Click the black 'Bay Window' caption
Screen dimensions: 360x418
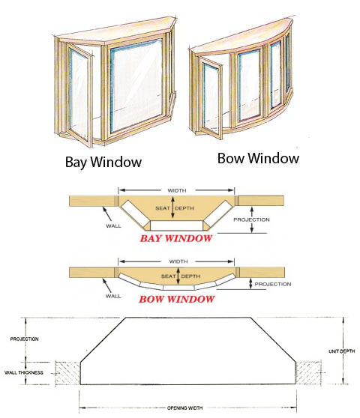pyautogui.click(x=103, y=162)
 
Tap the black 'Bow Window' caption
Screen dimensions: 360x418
pyautogui.click(x=258, y=158)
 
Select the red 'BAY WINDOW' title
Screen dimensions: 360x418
pyautogui.click(x=176, y=238)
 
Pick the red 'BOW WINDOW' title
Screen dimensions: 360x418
pyautogui.click(x=176, y=299)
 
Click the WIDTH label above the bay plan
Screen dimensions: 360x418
pyautogui.click(x=177, y=190)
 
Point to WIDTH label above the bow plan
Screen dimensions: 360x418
pyautogui.click(x=178, y=261)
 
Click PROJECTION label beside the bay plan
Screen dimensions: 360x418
pyautogui.click(x=251, y=219)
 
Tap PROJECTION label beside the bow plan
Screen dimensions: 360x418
pyautogui.click(x=273, y=284)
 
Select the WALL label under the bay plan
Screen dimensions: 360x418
pyautogui.click(x=113, y=226)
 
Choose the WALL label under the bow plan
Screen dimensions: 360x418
pyautogui.click(x=113, y=296)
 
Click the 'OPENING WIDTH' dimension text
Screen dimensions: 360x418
pyautogui.click(x=184, y=408)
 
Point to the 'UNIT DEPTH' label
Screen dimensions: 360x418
pyautogui.click(x=341, y=351)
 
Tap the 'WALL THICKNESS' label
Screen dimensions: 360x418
pyautogui.click(x=24, y=373)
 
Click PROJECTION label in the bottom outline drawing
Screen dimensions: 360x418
pyautogui.click(x=24, y=339)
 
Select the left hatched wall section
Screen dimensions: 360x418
pyautogui.click(x=67, y=373)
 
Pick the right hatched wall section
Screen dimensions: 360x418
pyautogui.click(x=308, y=373)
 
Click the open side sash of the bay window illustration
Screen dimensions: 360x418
pyautogui.click(x=79, y=94)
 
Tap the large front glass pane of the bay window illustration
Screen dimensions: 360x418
pyautogui.click(x=136, y=85)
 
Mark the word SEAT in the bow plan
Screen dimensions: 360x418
pyautogui.click(x=168, y=276)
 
